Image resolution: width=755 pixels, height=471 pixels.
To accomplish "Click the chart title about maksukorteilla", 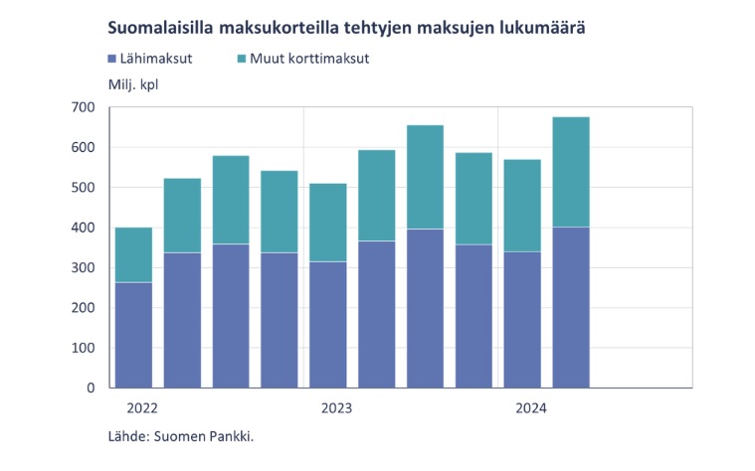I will tap(345, 27).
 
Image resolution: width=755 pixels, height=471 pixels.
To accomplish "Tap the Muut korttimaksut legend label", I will tap(310, 59).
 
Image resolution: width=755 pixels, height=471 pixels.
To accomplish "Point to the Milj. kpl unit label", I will tap(132, 83).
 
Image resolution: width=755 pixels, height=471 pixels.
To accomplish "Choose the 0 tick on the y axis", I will tap(89, 388).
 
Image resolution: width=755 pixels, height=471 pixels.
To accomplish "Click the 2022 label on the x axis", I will tap(142, 407).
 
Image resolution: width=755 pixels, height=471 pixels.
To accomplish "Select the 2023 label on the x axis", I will tap(336, 407).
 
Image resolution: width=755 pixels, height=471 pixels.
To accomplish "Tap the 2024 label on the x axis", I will tap(531, 407).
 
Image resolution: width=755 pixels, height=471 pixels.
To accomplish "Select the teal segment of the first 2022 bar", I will tap(133, 254).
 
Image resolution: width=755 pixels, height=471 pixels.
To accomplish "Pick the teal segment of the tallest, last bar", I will tap(571, 172).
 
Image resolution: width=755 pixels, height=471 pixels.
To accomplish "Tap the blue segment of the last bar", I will tap(571, 307).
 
